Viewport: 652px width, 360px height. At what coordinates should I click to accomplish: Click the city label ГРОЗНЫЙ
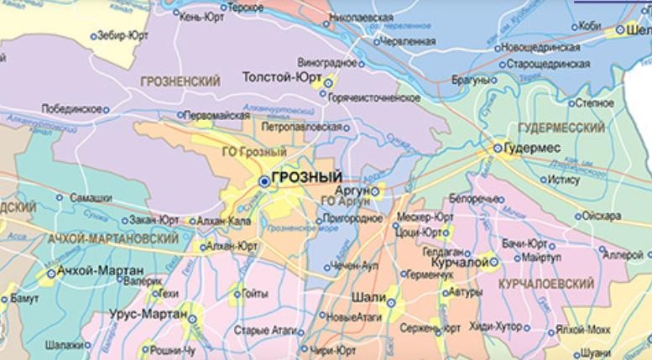(x=308, y=178)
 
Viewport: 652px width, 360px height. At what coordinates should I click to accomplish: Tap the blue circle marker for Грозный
(x=265, y=180)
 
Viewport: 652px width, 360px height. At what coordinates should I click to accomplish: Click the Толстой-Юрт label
(x=282, y=76)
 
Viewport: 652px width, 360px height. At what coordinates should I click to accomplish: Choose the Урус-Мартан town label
(x=148, y=314)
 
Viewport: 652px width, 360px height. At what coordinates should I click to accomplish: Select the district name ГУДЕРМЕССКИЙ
(x=561, y=128)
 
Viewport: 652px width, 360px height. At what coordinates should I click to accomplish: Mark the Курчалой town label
(x=458, y=263)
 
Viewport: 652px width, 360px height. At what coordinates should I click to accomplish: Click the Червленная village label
(x=407, y=40)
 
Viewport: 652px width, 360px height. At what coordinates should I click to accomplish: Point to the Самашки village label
(x=91, y=197)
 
